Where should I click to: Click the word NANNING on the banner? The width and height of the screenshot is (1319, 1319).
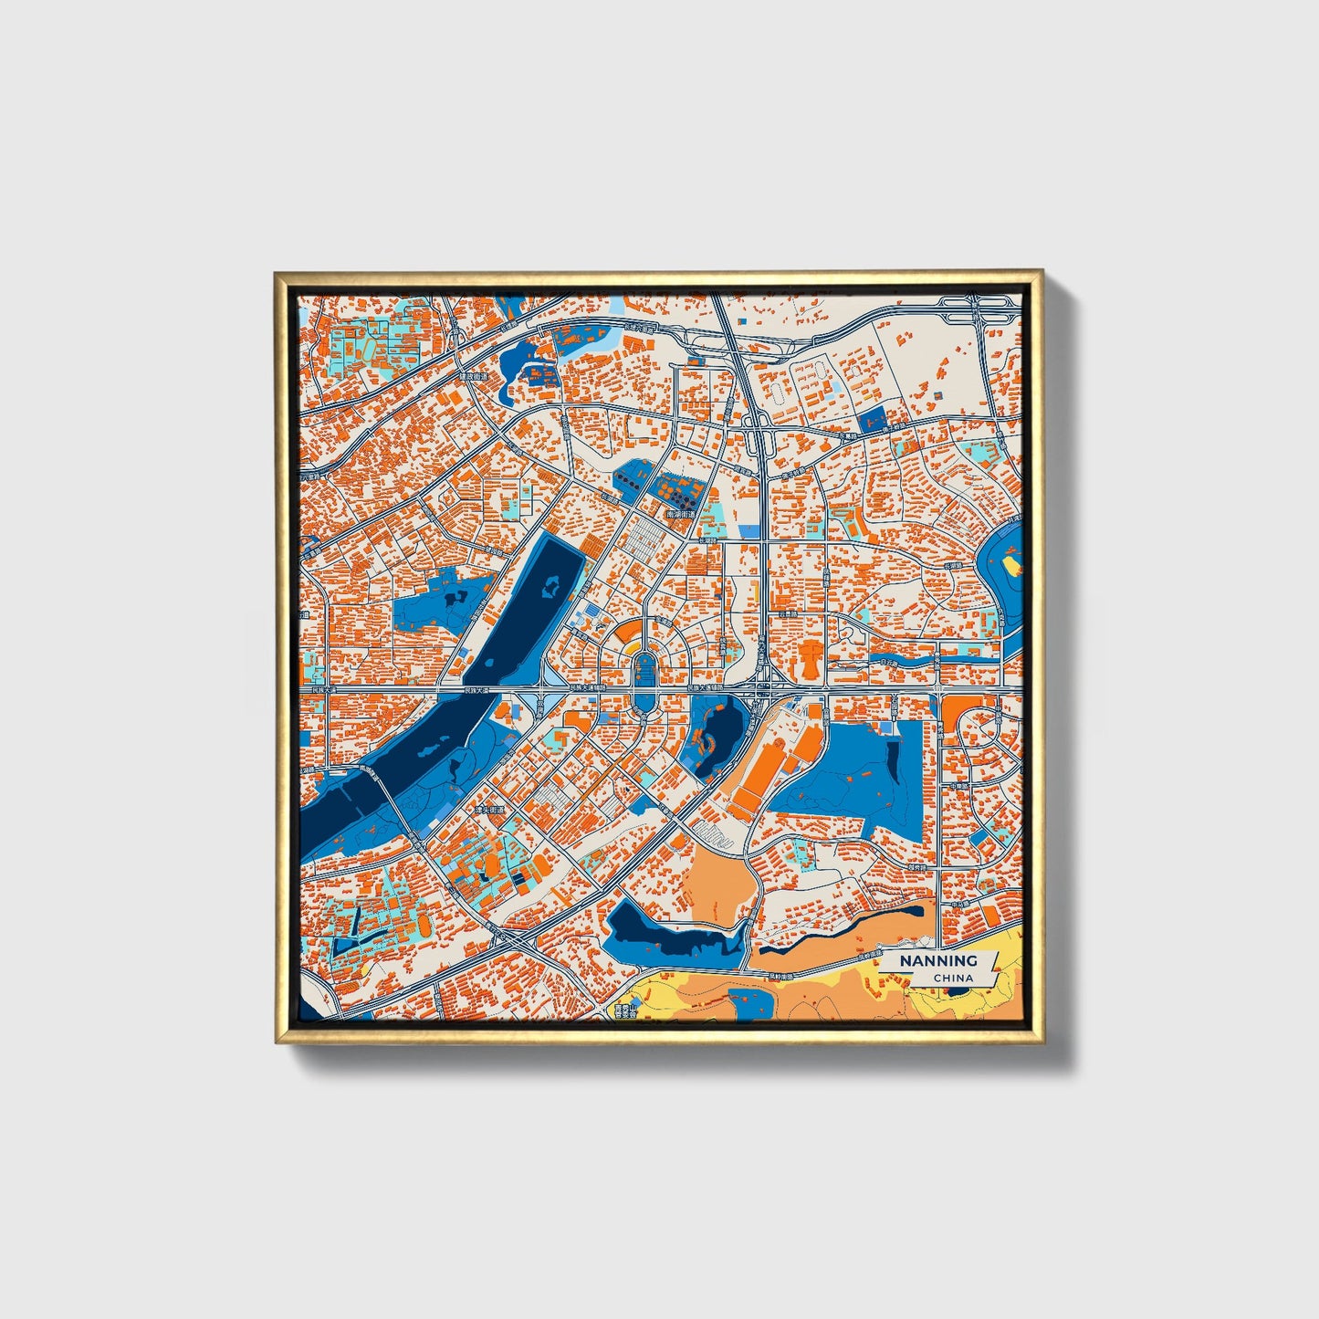(x=938, y=960)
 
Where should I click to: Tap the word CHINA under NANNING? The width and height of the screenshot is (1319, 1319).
(x=953, y=979)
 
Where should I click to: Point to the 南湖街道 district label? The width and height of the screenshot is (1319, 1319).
(x=681, y=515)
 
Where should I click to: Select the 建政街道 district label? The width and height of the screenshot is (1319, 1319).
(x=475, y=375)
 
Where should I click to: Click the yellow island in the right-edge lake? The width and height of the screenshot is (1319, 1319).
(x=1011, y=565)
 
